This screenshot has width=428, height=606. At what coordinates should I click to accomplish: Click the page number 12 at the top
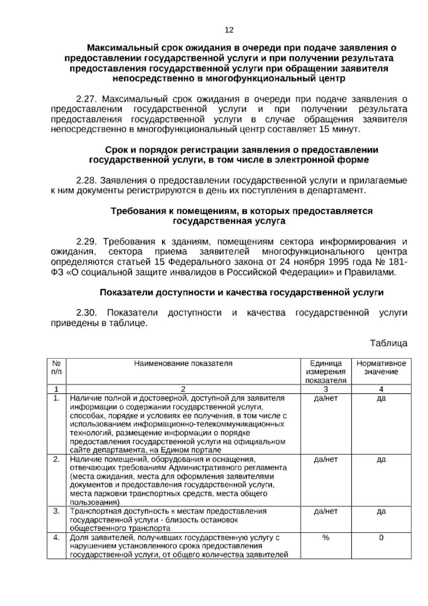click(229, 30)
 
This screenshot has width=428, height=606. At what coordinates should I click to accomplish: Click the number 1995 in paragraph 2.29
click(333, 262)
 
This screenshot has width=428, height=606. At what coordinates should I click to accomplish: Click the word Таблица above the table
click(388, 343)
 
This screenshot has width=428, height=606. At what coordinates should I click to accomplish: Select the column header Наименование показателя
click(183, 363)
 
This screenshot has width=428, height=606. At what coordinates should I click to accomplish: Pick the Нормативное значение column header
click(381, 368)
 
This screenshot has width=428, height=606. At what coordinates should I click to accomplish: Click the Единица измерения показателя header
click(326, 372)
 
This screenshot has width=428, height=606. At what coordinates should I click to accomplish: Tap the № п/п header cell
click(56, 368)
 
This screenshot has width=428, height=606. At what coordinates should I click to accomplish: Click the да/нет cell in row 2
click(326, 460)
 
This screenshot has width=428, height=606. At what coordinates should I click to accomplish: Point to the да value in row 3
click(381, 512)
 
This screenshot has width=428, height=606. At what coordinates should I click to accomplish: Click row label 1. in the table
click(56, 398)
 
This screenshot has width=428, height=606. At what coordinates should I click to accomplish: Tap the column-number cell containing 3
click(326, 389)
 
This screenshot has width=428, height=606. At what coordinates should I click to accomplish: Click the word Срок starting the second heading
click(117, 150)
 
